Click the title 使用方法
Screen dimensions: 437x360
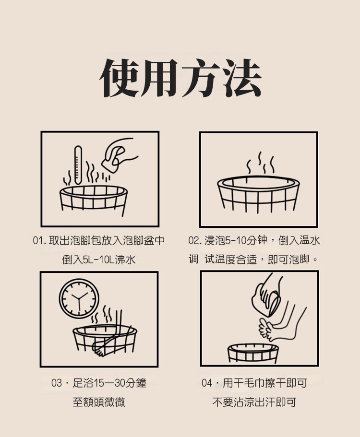[x=180, y=78]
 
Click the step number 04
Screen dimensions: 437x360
[x=207, y=383]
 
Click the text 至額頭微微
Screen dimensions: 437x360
[x=99, y=402]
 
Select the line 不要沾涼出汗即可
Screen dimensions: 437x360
[x=254, y=402]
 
